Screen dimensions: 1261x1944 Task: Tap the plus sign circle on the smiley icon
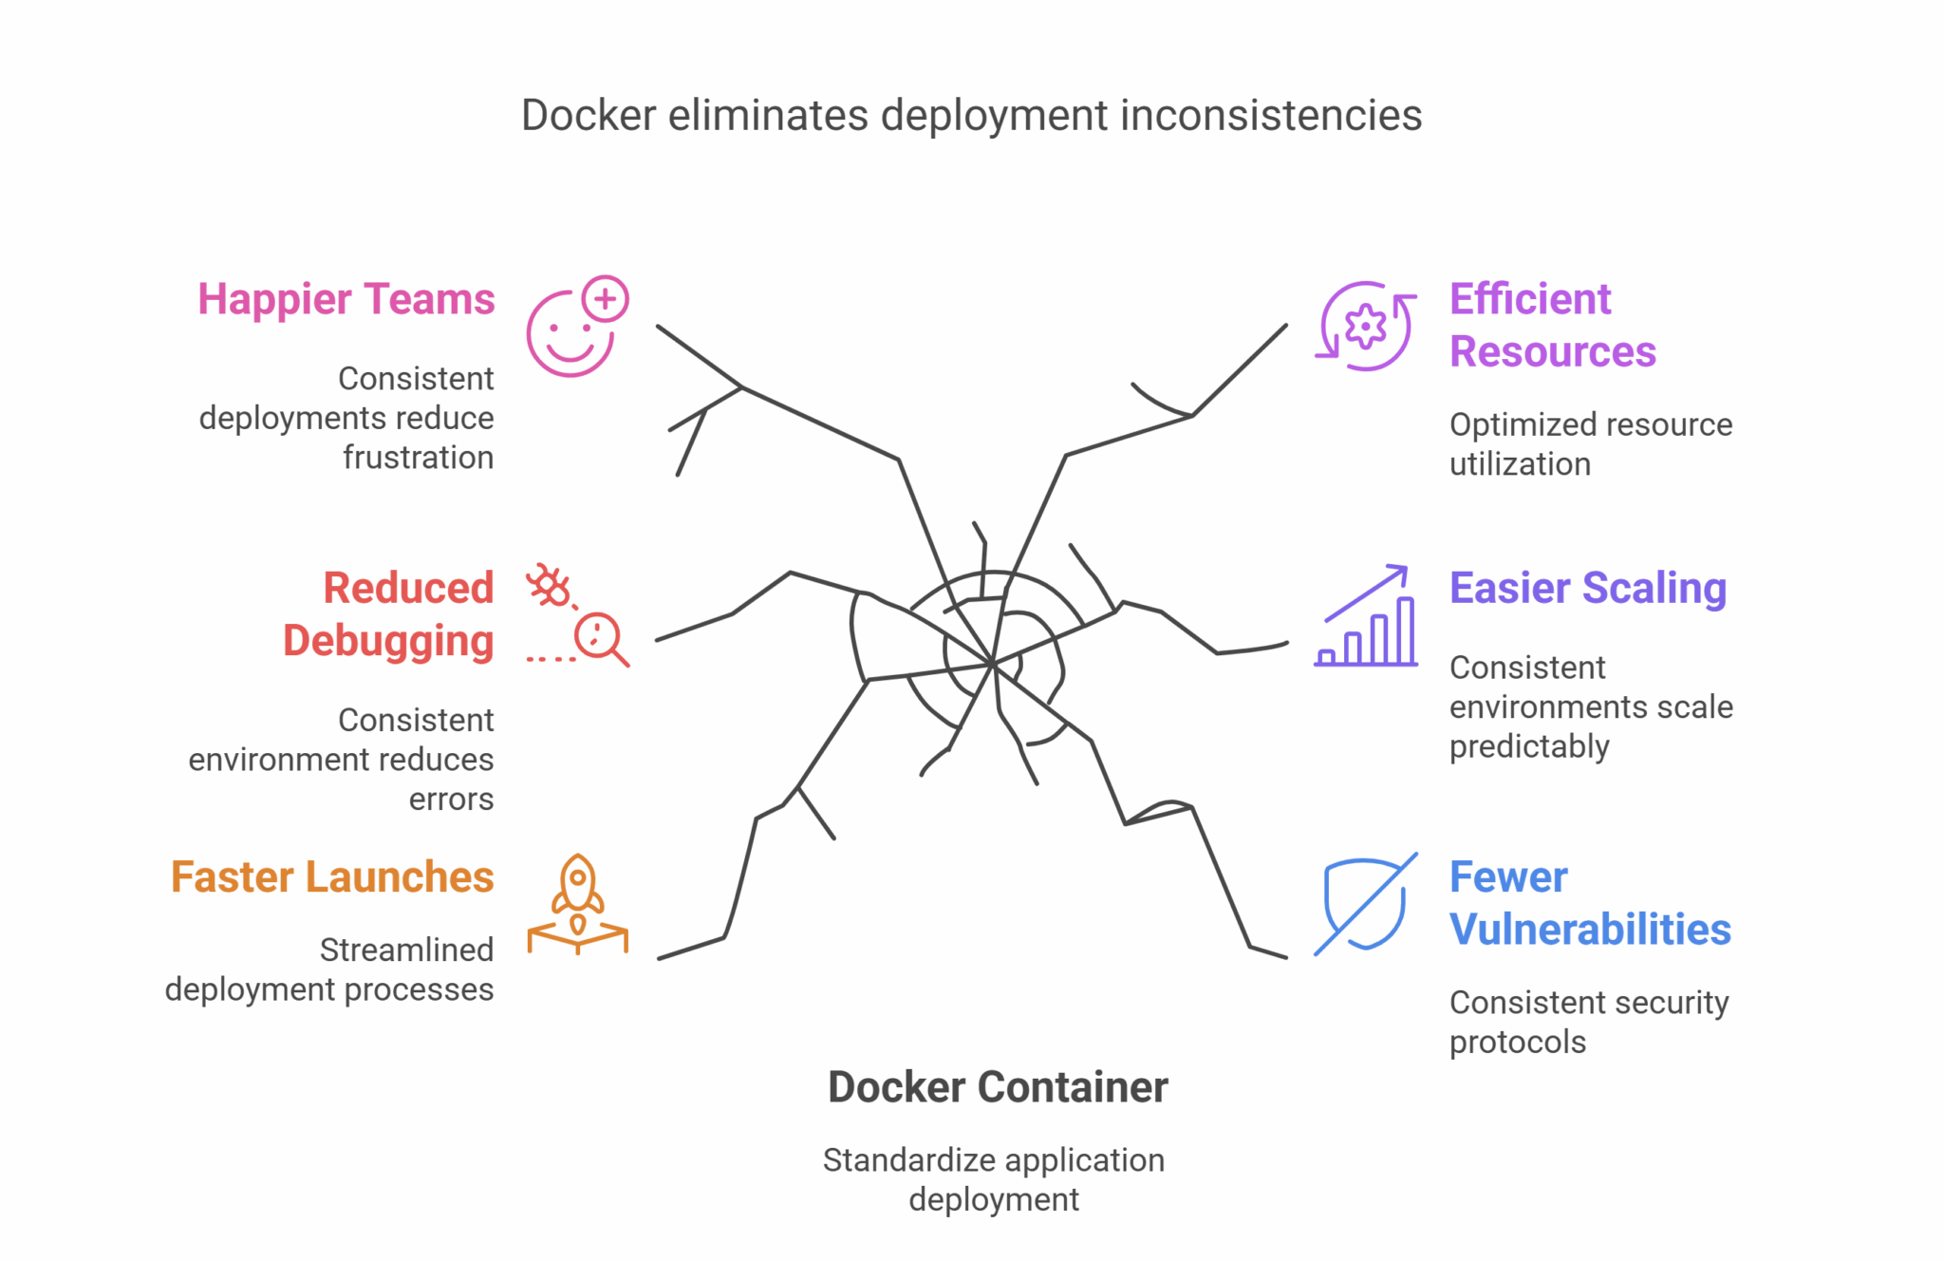pos(606,299)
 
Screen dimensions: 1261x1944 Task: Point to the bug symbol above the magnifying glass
pos(550,585)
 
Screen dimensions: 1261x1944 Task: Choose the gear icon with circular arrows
pos(1366,327)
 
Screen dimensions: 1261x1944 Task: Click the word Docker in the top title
pos(589,116)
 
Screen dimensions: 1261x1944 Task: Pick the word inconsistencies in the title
pos(1271,116)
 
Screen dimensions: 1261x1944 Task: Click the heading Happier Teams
pos(346,299)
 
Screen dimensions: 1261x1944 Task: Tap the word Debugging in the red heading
pos(388,641)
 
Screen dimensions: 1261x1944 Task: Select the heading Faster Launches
pos(332,876)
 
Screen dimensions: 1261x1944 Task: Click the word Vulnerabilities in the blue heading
pos(1590,930)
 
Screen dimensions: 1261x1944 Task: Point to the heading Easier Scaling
pos(1587,588)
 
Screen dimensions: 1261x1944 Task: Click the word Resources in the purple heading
pos(1552,352)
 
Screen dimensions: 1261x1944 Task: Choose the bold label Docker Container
pos(998,1087)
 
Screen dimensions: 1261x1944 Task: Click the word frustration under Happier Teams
pos(418,458)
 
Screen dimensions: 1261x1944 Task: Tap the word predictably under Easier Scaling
pos(1528,746)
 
